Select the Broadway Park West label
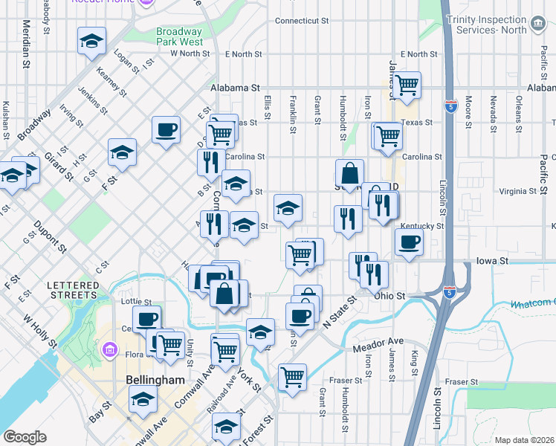[x=178, y=37]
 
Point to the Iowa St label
[x=493, y=262]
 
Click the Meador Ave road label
[x=378, y=342]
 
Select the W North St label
[x=190, y=54]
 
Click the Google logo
[x=25, y=437]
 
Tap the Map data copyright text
[x=525, y=440]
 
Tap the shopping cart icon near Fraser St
[x=292, y=376]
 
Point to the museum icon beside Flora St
[x=109, y=349]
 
